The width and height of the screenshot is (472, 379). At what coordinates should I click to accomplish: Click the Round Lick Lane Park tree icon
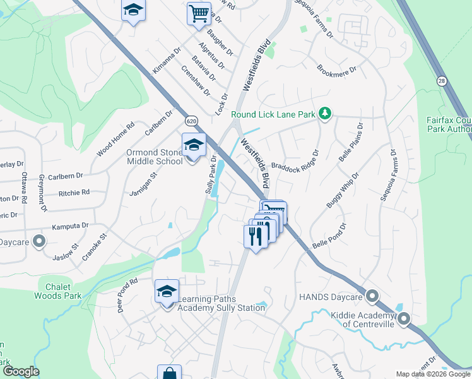[x=326, y=114]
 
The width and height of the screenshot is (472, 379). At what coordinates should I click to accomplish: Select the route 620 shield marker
[x=192, y=120]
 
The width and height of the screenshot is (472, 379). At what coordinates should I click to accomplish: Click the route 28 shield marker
[x=442, y=80]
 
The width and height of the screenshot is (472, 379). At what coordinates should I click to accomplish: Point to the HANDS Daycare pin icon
[x=372, y=296]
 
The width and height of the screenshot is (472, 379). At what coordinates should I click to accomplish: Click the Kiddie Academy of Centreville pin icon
[x=403, y=319]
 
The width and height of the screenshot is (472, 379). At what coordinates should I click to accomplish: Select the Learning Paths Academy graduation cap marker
[x=167, y=292]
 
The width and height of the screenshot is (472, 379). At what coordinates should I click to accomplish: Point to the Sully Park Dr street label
[x=210, y=174]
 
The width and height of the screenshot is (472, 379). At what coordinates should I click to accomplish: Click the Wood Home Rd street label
[x=115, y=140]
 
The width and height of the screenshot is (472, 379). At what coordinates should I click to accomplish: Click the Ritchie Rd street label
[x=74, y=191]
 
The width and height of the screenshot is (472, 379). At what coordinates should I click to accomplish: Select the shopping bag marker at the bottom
[x=168, y=374]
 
